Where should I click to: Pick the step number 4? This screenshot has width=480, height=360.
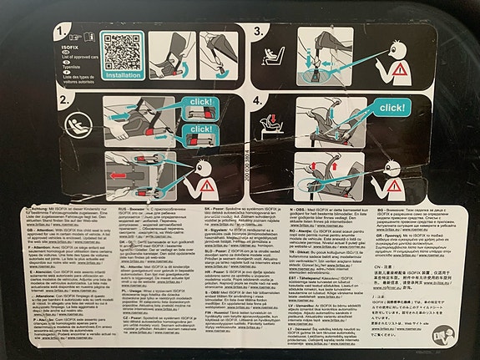pyautogui.click(x=260, y=106)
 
